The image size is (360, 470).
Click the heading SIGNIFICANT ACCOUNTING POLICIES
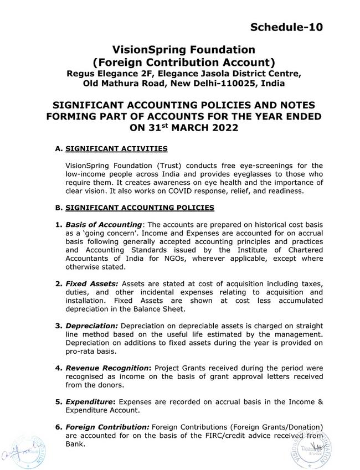(140, 208)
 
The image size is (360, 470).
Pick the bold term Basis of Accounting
(104, 224)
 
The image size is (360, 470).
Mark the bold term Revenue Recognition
(107, 368)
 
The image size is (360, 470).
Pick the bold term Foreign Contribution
(107, 427)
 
